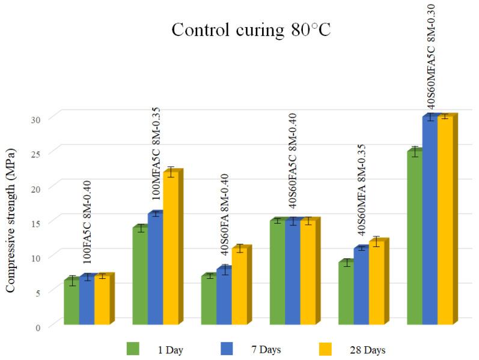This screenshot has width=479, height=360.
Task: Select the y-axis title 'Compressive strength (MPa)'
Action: click(10, 219)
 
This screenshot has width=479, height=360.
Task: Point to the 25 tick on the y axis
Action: click(39, 153)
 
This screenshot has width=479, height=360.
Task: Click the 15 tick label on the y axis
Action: click(39, 222)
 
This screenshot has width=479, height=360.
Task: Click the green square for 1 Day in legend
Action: click(133, 349)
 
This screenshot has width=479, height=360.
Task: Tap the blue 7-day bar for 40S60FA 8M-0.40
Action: click(224, 297)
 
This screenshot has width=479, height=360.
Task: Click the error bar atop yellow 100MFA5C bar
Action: click(171, 172)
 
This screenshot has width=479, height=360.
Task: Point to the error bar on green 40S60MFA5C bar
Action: click(414, 151)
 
